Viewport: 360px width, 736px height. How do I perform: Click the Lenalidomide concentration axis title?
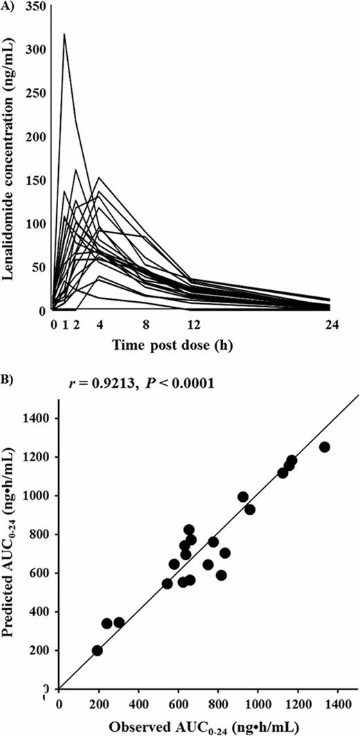pyautogui.click(x=12, y=159)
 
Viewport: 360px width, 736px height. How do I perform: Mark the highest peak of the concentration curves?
pyautogui.click(x=64, y=33)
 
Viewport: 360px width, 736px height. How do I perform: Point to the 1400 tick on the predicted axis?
pyautogui.click(x=39, y=418)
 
